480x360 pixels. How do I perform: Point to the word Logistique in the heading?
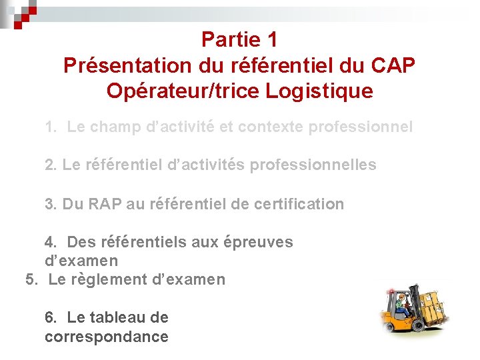[319, 91]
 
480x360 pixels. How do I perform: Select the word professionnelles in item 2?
[313, 165]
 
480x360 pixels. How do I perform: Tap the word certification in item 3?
[299, 204]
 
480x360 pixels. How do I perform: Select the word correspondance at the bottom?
[107, 337]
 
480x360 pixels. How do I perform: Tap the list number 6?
[50, 318]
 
